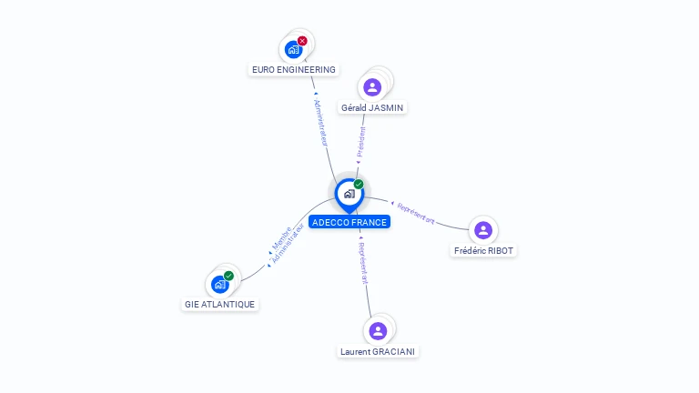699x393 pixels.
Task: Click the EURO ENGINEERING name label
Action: (293, 69)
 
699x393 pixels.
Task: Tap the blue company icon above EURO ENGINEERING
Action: (292, 49)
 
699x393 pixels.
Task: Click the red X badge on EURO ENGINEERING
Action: (302, 41)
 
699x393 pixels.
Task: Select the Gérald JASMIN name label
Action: (371, 107)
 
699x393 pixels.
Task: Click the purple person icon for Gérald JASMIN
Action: (371, 87)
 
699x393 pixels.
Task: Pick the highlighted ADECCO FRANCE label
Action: (349, 222)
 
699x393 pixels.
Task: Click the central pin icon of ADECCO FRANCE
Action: (349, 193)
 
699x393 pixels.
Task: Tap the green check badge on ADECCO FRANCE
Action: (359, 185)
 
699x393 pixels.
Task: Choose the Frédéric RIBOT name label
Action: (483, 250)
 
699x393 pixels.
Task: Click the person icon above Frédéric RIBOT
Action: (483, 230)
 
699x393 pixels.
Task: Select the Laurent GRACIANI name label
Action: (379, 351)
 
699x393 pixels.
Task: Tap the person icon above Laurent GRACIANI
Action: (379, 330)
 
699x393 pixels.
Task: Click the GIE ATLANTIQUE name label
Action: (219, 304)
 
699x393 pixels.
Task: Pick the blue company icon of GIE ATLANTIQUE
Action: (219, 284)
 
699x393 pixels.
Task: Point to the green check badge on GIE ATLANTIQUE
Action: (228, 276)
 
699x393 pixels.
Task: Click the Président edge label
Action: (361, 143)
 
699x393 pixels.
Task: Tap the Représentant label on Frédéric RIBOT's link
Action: (417, 215)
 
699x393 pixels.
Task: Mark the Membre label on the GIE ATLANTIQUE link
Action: (280, 236)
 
